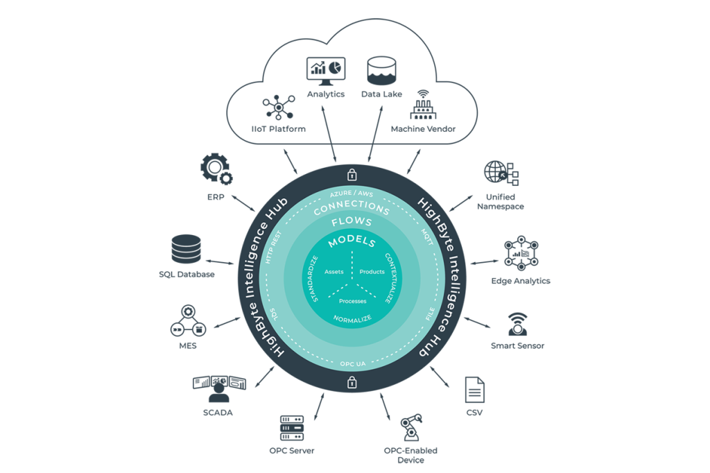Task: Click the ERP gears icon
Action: tap(215, 168)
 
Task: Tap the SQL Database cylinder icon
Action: tap(186, 250)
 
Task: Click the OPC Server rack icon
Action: tap(291, 429)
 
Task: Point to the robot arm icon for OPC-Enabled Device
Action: tap(410, 427)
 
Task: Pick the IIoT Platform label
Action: tap(278, 129)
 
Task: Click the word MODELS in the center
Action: tap(352, 242)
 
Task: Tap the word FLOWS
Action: tap(352, 223)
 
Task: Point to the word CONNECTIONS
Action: tap(352, 207)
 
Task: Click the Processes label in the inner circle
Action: tap(352, 301)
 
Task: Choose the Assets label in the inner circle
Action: tap(334, 272)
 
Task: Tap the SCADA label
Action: tap(219, 413)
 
